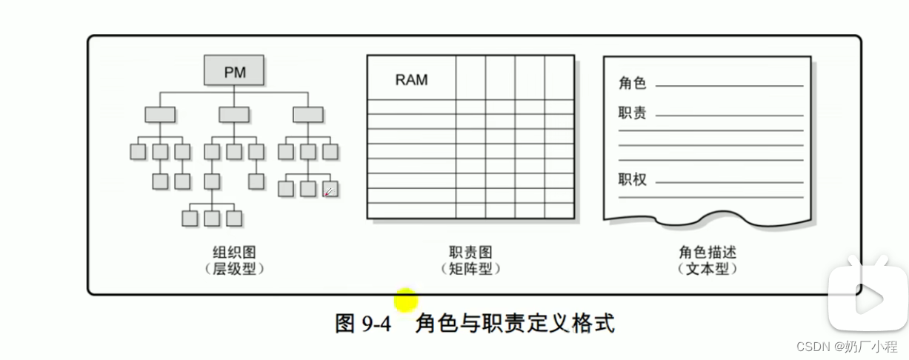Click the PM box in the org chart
(234, 72)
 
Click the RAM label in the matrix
(411, 80)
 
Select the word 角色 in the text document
(632, 83)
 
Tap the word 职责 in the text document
(632, 113)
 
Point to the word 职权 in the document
(632, 179)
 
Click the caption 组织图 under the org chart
(233, 253)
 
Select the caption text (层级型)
(233, 270)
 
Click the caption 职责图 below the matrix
(470, 253)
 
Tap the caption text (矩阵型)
(470, 270)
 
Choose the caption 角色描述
(707, 253)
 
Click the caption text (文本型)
(707, 270)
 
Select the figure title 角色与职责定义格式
(515, 324)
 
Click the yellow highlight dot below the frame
(406, 301)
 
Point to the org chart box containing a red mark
(330, 189)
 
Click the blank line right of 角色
(729, 86)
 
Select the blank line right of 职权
(729, 182)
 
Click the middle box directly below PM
(234, 115)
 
